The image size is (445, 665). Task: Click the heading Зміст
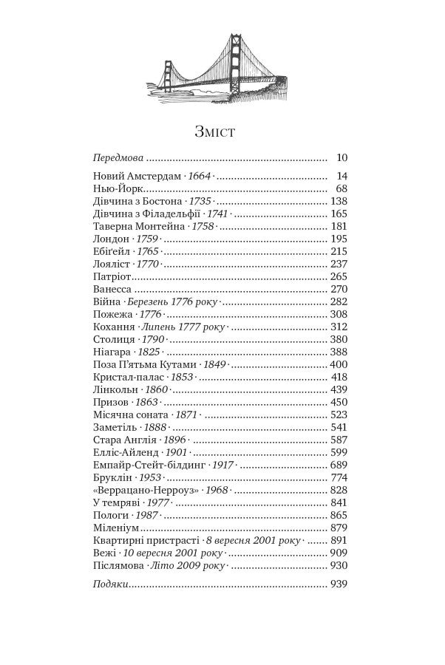click(214, 132)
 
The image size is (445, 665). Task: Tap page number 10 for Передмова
click(342, 157)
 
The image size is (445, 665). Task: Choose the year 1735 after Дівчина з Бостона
click(200, 201)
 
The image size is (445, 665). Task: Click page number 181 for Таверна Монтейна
click(339, 226)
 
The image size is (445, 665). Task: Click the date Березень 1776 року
click(171, 301)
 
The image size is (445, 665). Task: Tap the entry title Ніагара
click(112, 352)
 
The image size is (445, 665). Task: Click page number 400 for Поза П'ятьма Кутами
click(339, 364)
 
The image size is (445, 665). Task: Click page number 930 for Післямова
click(339, 565)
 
